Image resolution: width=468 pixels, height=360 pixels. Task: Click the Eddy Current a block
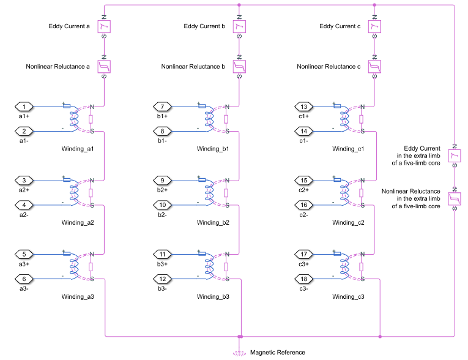click(x=104, y=26)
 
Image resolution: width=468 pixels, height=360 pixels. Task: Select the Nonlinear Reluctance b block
click(x=239, y=66)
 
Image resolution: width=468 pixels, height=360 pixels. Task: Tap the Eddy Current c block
click(x=375, y=26)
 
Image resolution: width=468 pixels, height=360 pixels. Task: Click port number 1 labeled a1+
click(x=24, y=107)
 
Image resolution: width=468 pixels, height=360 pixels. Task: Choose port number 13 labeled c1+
click(x=304, y=107)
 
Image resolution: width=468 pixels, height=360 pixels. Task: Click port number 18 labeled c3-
click(x=304, y=279)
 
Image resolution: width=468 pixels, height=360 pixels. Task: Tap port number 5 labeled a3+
click(x=24, y=254)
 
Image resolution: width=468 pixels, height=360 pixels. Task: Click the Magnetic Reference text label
click(x=277, y=352)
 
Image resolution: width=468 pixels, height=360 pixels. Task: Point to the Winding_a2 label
click(x=78, y=222)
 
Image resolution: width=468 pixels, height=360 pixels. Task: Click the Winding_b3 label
click(x=213, y=296)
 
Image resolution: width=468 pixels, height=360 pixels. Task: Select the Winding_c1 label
click(x=348, y=149)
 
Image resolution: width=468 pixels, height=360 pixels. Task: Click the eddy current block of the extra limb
click(x=454, y=157)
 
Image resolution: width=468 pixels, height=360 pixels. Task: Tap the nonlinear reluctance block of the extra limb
click(x=454, y=198)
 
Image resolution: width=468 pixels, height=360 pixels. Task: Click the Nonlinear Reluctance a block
click(x=104, y=66)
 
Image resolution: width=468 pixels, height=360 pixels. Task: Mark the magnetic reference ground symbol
click(x=239, y=352)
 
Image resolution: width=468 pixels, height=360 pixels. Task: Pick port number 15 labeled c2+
click(x=304, y=181)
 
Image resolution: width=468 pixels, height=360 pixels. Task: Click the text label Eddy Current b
click(x=207, y=26)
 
